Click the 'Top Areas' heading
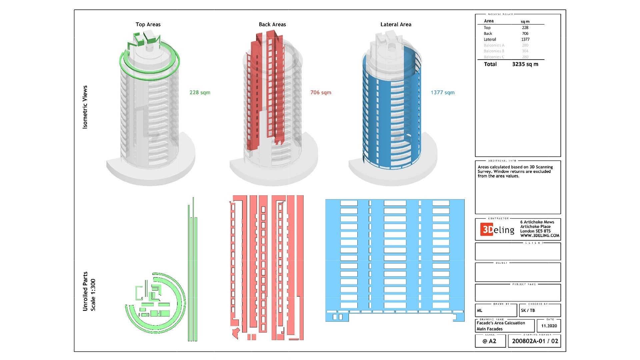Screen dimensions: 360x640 click(148, 24)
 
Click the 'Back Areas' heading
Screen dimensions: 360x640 click(272, 24)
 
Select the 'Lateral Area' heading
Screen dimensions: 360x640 click(396, 24)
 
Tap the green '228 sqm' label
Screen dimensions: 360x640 click(200, 92)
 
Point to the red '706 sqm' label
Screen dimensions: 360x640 click(321, 92)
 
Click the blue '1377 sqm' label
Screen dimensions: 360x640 click(442, 92)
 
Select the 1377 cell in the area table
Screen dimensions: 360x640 click(525, 39)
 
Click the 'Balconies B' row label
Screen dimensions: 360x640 click(494, 51)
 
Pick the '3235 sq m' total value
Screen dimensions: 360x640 click(525, 64)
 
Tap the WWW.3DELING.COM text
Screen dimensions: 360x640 click(540, 236)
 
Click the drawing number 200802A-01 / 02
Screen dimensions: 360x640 click(535, 341)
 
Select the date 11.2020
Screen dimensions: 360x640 click(549, 326)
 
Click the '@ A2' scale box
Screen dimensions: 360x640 click(490, 341)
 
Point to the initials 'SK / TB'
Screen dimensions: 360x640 click(528, 310)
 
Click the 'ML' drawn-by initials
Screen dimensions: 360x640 click(480, 310)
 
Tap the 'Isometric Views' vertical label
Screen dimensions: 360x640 click(85, 107)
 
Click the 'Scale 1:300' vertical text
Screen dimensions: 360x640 click(93, 295)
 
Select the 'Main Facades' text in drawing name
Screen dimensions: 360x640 click(489, 329)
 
